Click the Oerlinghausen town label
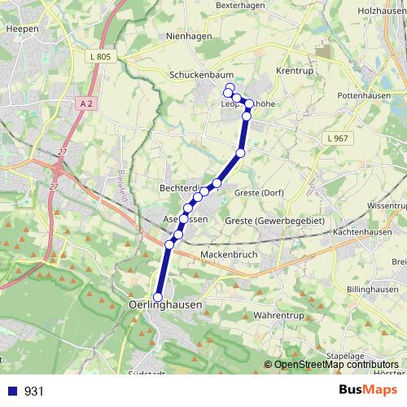coord(165,304)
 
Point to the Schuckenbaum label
coord(197,74)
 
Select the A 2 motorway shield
coord(88,103)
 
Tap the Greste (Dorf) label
coord(259,193)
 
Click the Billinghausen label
coord(372,290)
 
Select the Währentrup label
coord(279,313)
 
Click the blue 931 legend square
coord(11,391)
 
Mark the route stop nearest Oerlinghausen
coord(158,297)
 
